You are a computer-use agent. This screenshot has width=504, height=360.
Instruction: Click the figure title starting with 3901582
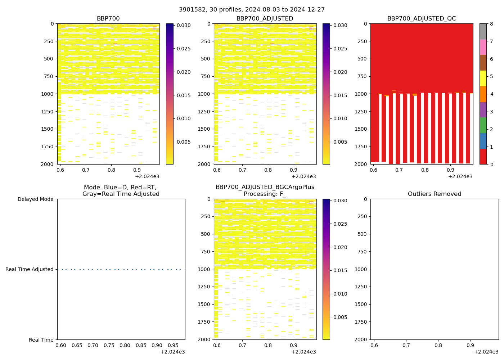click(252, 10)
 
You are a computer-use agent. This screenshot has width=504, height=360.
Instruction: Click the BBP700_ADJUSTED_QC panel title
click(422, 19)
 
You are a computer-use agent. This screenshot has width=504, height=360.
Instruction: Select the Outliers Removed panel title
click(434, 194)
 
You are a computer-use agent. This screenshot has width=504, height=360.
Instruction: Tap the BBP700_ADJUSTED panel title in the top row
click(265, 19)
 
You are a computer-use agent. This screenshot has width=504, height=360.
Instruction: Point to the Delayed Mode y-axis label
click(35, 199)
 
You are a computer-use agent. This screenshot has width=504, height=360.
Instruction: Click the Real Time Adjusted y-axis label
click(30, 269)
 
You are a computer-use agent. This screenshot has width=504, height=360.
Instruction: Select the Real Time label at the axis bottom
click(41, 340)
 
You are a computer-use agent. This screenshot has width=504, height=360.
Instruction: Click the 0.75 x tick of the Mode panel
click(109, 345)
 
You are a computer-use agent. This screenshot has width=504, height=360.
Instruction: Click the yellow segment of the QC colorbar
click(483, 78)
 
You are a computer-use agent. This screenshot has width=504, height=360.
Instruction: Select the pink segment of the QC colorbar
click(483, 47)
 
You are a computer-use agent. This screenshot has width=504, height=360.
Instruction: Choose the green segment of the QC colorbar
click(483, 125)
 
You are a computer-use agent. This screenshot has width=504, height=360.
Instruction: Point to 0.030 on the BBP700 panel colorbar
click(184, 26)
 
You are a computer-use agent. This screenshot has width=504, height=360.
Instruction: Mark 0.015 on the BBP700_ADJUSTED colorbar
click(340, 95)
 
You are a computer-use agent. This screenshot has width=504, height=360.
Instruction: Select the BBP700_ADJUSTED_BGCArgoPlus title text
click(265, 187)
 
